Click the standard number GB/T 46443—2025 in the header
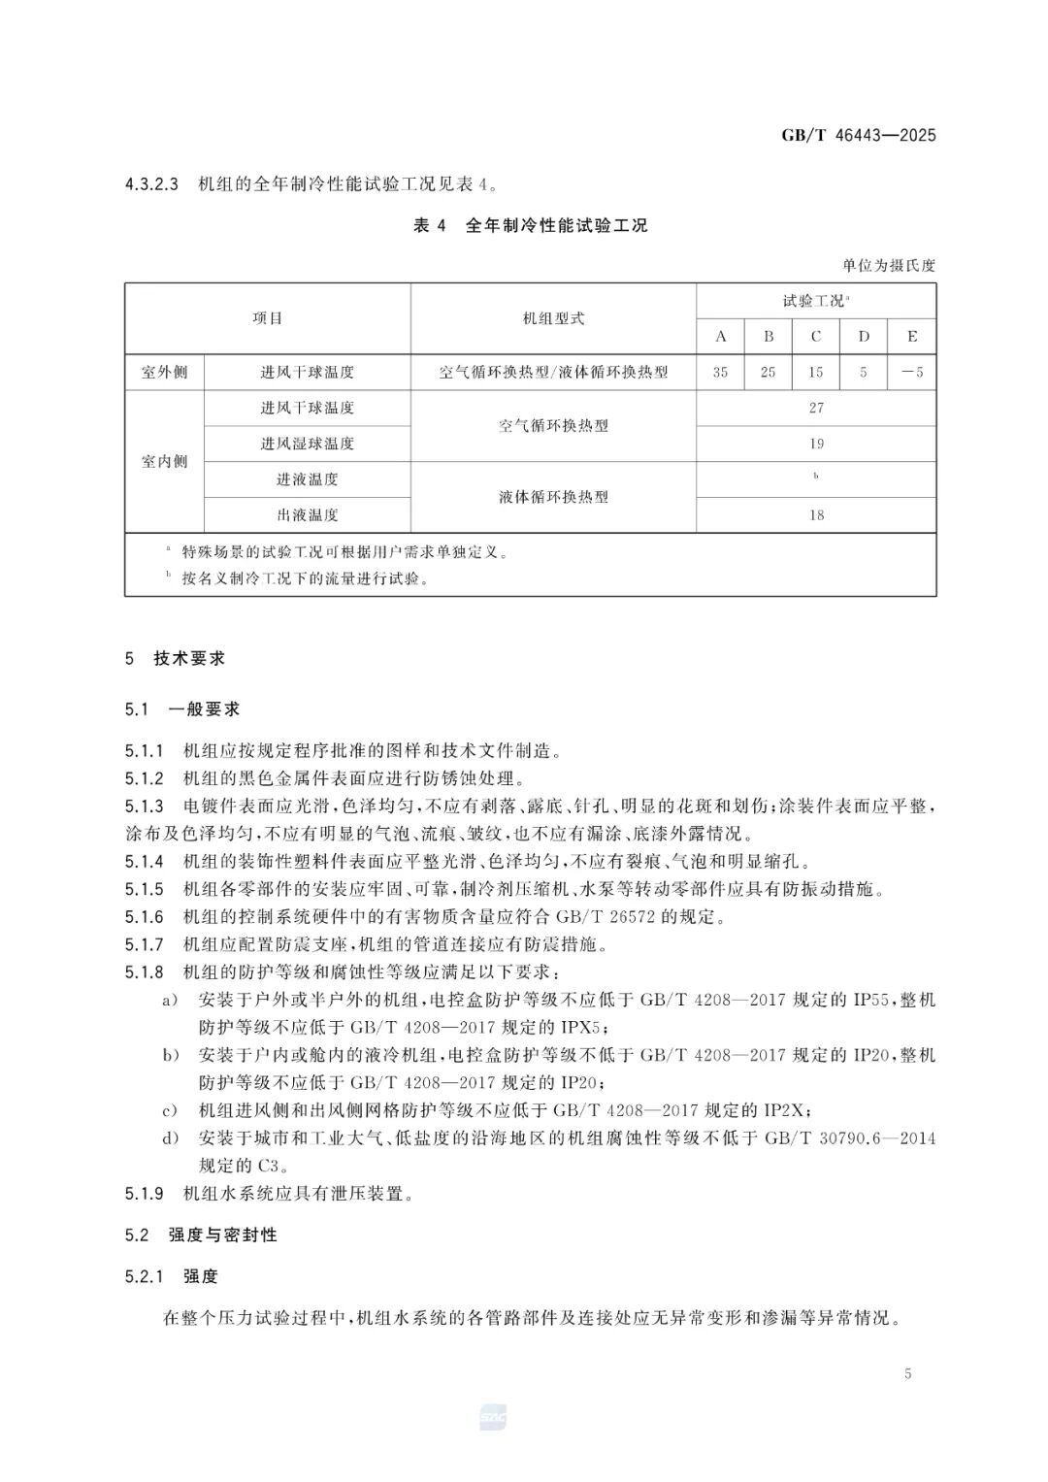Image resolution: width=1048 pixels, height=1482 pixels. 858,136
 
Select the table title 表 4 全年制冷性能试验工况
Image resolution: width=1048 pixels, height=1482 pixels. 530,226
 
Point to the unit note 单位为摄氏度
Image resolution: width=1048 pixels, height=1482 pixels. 888,266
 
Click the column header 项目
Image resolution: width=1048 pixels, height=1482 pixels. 267,318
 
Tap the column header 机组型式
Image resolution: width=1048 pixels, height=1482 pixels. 553,318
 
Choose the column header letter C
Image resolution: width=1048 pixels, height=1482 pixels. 816,337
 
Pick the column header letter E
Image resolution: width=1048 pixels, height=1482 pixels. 912,337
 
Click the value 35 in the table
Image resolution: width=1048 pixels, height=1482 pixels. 720,373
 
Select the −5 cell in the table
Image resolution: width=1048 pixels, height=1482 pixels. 912,373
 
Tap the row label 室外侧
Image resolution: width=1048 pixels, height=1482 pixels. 164,373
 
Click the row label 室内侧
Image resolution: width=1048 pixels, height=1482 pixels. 164,462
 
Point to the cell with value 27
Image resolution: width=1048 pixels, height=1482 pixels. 816,409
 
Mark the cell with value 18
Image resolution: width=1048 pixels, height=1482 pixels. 816,515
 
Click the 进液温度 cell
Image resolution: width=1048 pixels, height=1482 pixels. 307,479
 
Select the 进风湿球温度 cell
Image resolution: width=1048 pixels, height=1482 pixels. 307,444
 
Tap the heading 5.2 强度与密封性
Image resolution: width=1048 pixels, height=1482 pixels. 201,1235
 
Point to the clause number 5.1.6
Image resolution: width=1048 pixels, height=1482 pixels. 145,917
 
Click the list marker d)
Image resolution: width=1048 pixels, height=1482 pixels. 171,1138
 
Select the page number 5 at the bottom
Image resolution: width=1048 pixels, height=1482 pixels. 907,1374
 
